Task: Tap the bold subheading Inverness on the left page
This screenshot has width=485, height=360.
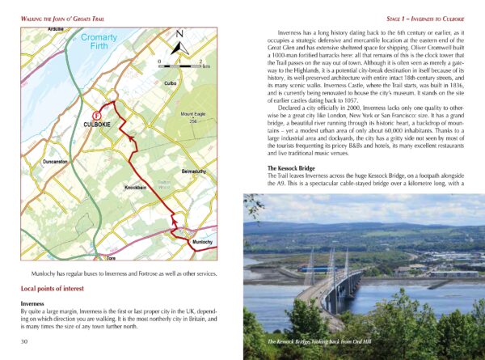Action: coord(36,304)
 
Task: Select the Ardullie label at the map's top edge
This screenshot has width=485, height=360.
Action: coord(56,28)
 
